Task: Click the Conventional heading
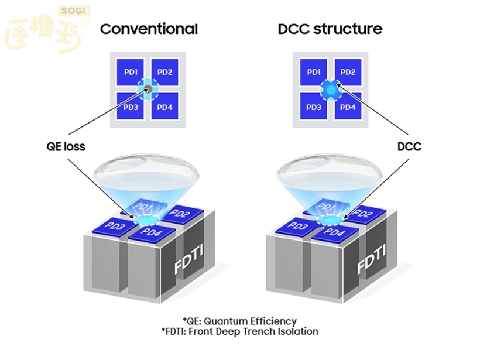click(149, 29)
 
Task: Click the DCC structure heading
click(330, 29)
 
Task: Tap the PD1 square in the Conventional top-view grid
click(131, 73)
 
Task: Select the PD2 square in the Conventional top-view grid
click(165, 73)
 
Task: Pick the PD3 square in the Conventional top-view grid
click(131, 107)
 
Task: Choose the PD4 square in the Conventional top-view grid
click(165, 107)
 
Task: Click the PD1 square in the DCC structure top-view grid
click(314, 73)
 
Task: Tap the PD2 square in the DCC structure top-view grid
click(348, 73)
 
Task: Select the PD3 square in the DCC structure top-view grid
click(314, 107)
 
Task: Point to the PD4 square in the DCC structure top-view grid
click(348, 107)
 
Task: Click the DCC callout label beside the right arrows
click(409, 146)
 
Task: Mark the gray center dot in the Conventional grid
click(148, 90)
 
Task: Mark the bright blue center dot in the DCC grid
click(331, 90)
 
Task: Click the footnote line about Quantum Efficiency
click(239, 321)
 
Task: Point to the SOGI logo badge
click(72, 11)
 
